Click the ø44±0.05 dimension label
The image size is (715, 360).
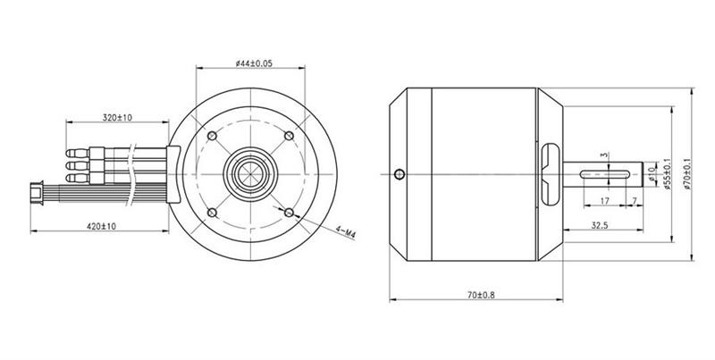point(254,63)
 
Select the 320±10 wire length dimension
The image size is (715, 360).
point(117,118)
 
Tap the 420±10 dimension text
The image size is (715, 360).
point(101,226)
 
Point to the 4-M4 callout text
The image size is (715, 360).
point(345,231)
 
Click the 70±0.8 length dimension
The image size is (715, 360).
point(481,295)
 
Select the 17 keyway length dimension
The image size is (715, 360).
point(605,200)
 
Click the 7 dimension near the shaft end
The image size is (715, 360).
point(635,200)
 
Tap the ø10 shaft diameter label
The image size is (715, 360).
point(652,174)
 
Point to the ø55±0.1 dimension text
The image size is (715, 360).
point(668,174)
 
